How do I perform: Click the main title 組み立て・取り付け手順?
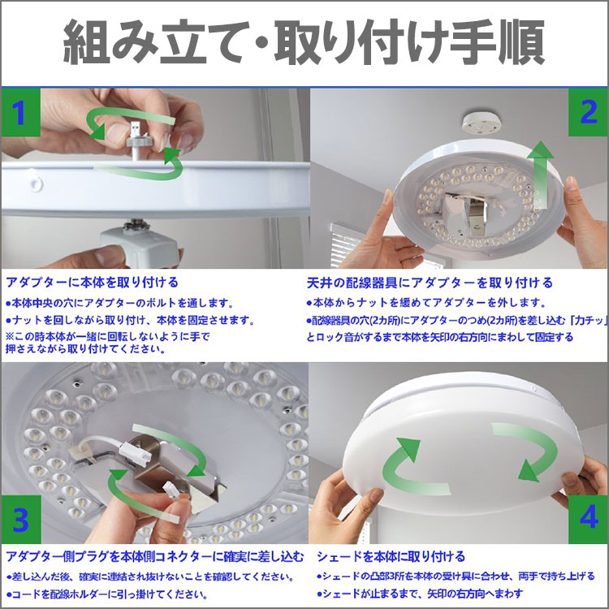pyautogui.click(x=304, y=44)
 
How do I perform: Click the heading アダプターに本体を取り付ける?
pyautogui.click(x=93, y=283)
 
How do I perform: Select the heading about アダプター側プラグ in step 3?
pyautogui.click(x=155, y=556)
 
